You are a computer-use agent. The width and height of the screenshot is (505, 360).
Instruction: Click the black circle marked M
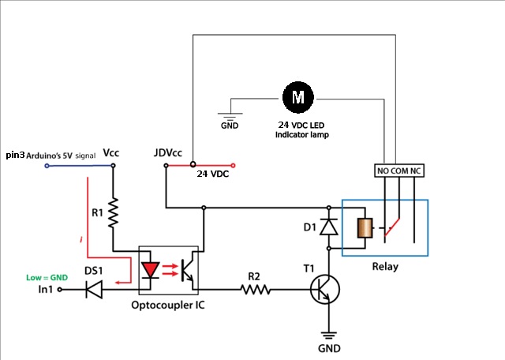tap(298, 98)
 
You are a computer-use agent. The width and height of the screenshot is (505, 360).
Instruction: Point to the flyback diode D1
tap(330, 227)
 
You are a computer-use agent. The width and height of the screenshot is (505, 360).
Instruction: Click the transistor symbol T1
tap(323, 291)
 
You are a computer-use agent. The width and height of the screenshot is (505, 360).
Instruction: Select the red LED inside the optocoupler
tap(154, 270)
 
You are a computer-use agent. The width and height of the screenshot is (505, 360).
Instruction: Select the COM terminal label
tap(402, 171)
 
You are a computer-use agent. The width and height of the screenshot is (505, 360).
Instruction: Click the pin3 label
tap(15, 156)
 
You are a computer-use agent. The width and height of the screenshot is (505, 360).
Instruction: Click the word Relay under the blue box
tap(385, 266)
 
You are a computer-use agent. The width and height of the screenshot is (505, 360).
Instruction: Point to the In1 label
tap(50, 291)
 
